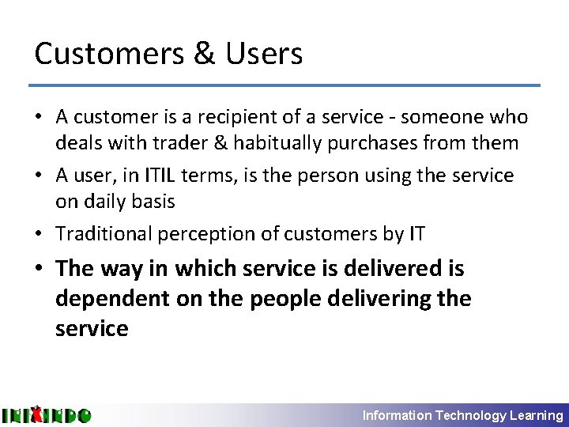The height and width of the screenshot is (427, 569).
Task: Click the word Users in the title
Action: [264, 54]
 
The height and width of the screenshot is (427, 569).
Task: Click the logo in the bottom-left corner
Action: [46, 414]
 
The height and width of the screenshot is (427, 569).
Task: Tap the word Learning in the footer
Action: [537, 415]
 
